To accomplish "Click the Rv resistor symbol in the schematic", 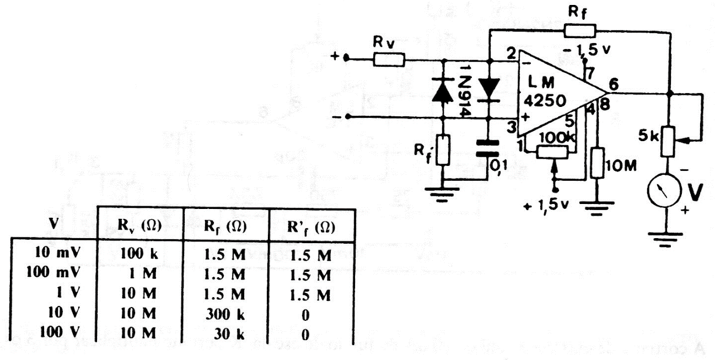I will (389, 59).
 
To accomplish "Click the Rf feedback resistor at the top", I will (580, 31).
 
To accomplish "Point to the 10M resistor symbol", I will (597, 162).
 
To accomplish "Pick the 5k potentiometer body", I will (669, 140).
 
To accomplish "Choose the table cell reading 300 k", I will (225, 315).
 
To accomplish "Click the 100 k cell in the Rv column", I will (141, 255).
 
